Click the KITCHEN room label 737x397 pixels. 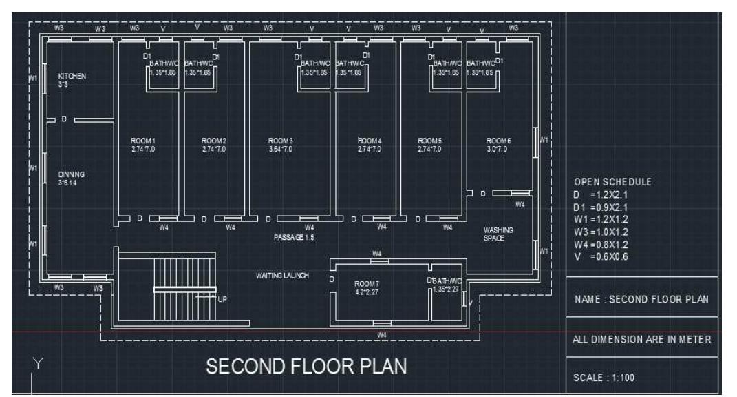coord(72,76)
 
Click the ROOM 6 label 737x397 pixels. coord(499,141)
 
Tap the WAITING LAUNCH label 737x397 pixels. coord(283,276)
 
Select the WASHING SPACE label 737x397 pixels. coord(498,230)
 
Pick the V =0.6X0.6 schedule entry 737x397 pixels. coord(598,256)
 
